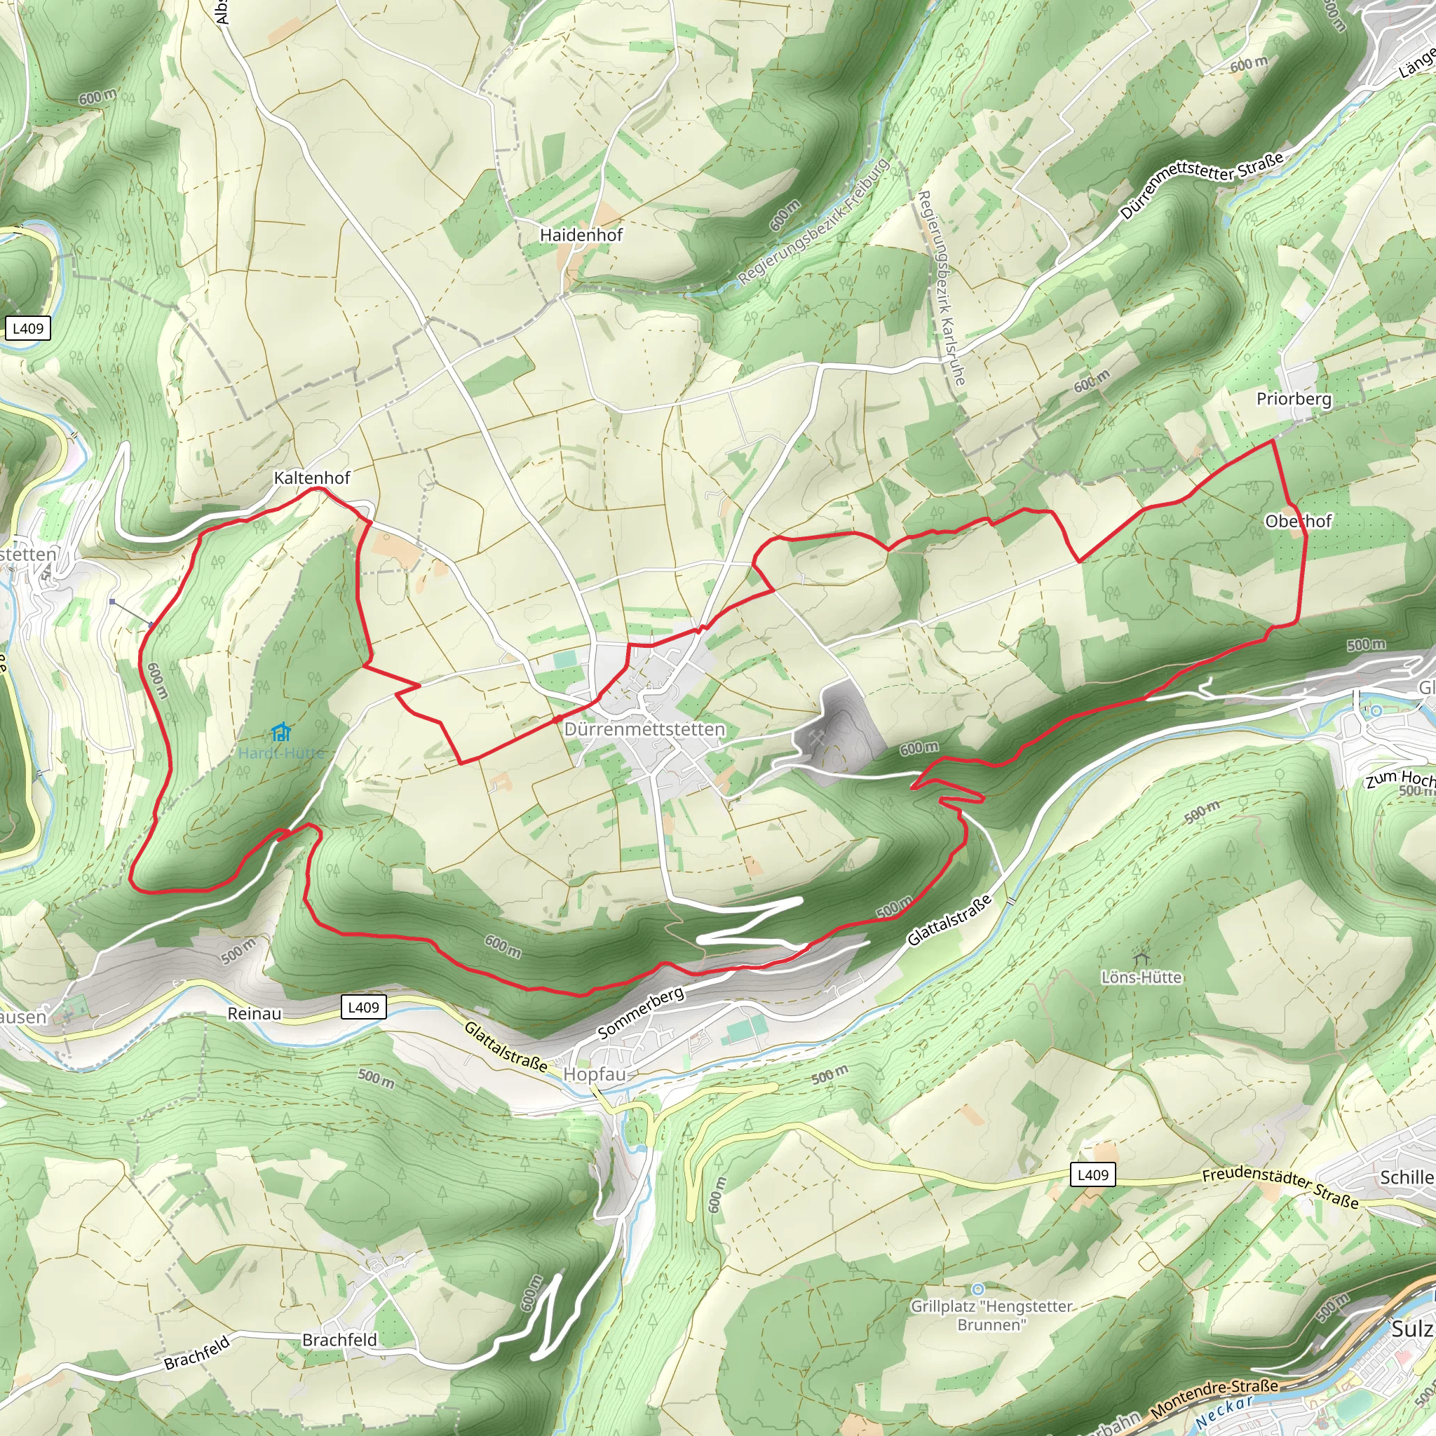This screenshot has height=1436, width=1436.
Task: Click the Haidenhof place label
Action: pyautogui.click(x=581, y=235)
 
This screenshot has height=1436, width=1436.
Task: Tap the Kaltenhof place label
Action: pyautogui.click(x=311, y=478)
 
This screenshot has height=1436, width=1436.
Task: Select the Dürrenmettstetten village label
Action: pyautogui.click(x=644, y=729)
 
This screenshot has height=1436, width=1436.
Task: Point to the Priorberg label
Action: pyautogui.click(x=1294, y=398)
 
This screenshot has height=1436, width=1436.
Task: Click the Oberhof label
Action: pyautogui.click(x=1299, y=521)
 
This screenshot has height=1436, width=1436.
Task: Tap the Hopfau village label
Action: pyautogui.click(x=595, y=1074)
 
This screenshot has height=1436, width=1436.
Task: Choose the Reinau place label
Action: pyautogui.click(x=255, y=1014)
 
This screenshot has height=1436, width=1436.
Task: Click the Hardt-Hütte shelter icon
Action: pyautogui.click(x=280, y=733)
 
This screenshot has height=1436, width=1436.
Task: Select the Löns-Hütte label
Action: pyautogui.click(x=1142, y=977)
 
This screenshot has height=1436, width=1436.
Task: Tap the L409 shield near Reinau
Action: pyautogui.click(x=363, y=1007)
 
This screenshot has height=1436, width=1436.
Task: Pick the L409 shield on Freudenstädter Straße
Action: pyautogui.click(x=1092, y=1174)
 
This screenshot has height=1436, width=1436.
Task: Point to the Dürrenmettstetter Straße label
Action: pyautogui.click(x=1201, y=186)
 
